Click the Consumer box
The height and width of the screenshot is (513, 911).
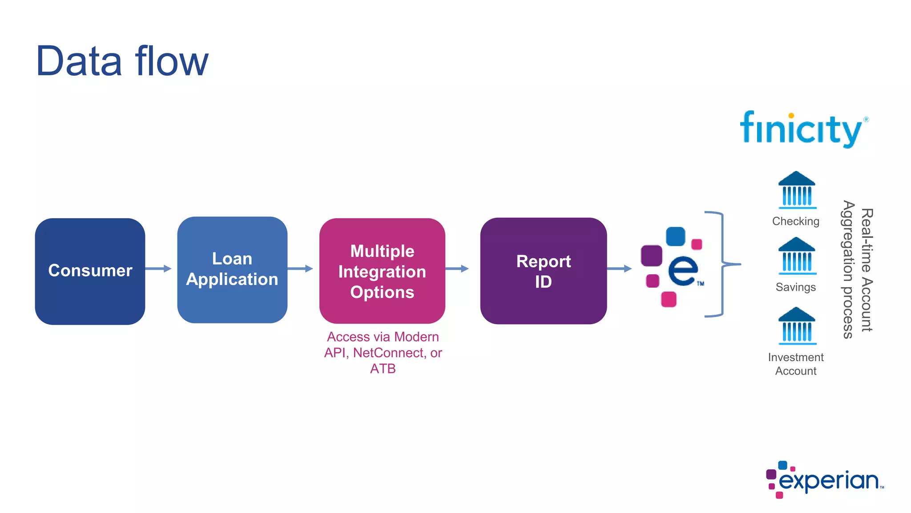[x=90, y=271]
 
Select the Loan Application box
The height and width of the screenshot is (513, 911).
[x=232, y=269]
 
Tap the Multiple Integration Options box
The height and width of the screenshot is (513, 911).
[x=382, y=271]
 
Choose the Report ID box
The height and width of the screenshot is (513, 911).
[x=543, y=271]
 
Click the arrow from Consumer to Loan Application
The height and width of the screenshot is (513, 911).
[x=158, y=269]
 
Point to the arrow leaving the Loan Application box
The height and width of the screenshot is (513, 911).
[x=300, y=269]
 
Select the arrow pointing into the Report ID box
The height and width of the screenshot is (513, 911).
[x=457, y=269]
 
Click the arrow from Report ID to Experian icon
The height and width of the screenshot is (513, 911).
[x=619, y=269]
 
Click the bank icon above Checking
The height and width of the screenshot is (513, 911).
[x=797, y=190]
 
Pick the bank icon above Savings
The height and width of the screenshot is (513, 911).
[x=797, y=256]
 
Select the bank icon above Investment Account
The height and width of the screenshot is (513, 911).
[x=797, y=326]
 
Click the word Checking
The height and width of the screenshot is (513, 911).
[x=795, y=221]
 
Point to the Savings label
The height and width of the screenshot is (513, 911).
[x=795, y=287]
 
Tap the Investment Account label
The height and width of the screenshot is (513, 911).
[x=795, y=364]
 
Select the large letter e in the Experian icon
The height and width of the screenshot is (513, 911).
[x=683, y=270]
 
